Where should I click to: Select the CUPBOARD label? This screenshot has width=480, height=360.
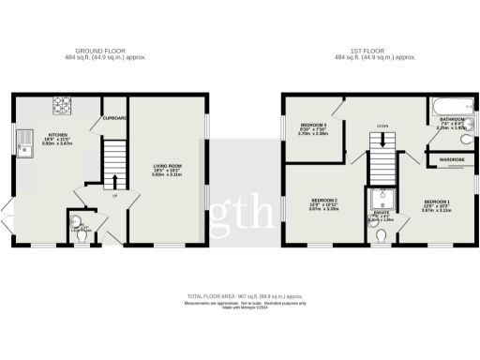(x=114, y=118)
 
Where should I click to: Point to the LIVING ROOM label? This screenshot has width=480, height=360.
(x=167, y=166)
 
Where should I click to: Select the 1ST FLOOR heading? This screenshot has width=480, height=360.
(x=375, y=52)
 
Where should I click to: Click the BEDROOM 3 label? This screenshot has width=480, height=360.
(x=313, y=125)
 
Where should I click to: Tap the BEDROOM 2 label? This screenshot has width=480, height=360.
(x=324, y=200)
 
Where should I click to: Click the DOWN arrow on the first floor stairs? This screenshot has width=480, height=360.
(x=381, y=142)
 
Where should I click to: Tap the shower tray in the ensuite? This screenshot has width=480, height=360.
(x=381, y=200)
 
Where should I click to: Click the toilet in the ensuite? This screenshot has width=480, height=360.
(x=381, y=237)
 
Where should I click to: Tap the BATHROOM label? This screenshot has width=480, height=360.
(x=451, y=119)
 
